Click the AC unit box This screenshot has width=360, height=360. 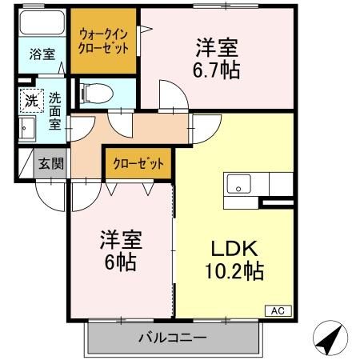[x=278, y=310]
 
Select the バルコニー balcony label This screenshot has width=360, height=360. [x=175, y=338]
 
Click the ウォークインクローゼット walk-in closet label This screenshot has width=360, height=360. [x=103, y=40]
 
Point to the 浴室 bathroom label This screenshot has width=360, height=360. [x=41, y=55]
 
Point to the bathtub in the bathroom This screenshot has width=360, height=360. [x=42, y=23]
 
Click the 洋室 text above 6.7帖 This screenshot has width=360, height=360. [x=216, y=46]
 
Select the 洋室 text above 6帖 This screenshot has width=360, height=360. [x=122, y=238]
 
